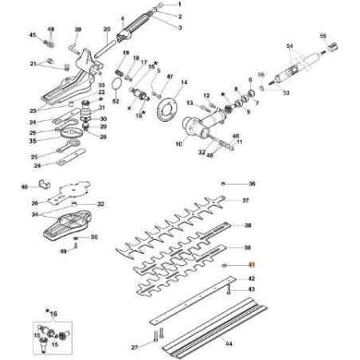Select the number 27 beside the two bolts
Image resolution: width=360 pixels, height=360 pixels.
135,348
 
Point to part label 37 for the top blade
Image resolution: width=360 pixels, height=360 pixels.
246,202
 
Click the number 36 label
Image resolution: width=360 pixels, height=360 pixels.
252,183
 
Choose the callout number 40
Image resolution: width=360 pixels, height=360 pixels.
24,187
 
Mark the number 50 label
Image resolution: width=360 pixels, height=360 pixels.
93,237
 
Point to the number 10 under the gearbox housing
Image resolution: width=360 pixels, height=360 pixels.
180,145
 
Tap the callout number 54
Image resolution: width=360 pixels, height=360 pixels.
289,46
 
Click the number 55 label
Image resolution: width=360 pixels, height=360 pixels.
323,36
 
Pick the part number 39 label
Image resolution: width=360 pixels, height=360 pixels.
78,29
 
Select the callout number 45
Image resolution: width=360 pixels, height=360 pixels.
33,36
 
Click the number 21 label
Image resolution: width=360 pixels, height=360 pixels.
33,64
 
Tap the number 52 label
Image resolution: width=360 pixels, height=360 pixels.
115,101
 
